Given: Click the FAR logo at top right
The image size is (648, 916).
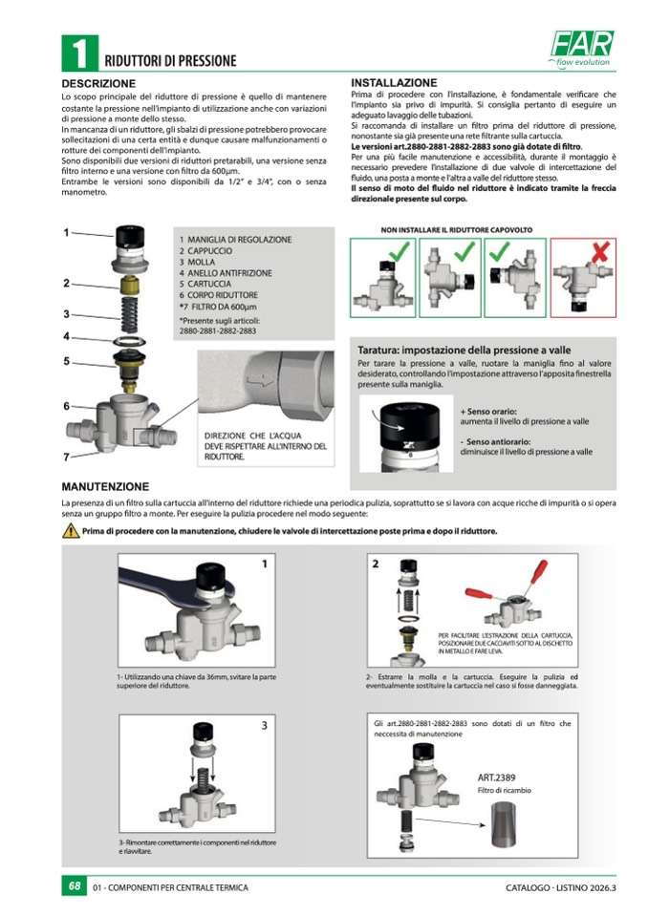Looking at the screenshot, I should (x=582, y=44).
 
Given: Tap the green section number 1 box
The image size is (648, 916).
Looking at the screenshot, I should (x=78, y=53).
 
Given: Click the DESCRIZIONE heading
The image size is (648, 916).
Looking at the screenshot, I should (x=98, y=84).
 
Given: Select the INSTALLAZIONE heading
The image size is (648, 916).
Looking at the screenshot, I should (x=394, y=83).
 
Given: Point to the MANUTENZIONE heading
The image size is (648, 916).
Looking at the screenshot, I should (x=105, y=485).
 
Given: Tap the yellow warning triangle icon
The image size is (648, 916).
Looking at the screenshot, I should (x=71, y=531).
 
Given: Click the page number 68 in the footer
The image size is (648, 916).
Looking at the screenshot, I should (x=75, y=887).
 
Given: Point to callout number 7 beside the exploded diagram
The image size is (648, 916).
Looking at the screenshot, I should (x=67, y=457).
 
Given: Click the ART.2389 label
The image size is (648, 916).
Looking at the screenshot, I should (x=498, y=778).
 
